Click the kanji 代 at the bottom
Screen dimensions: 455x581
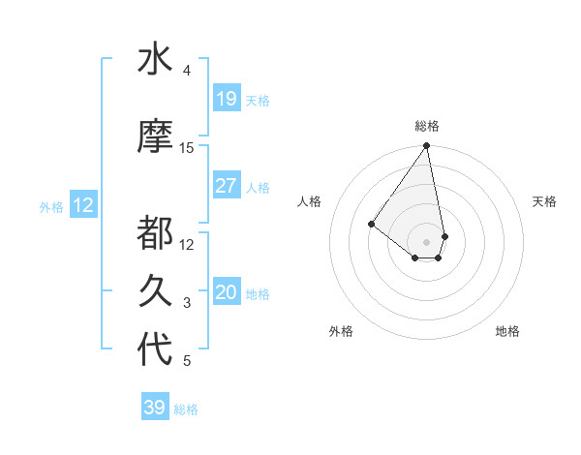(x=155, y=349)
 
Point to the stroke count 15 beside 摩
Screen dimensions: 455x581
(x=187, y=148)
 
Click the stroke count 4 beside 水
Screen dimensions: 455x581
(x=187, y=71)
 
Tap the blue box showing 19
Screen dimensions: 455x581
(x=226, y=99)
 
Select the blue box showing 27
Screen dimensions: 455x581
(x=226, y=186)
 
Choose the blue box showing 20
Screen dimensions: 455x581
(x=226, y=292)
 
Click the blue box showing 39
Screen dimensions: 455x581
(x=154, y=408)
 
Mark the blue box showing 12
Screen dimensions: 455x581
(x=83, y=205)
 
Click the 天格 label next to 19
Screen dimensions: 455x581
(x=257, y=100)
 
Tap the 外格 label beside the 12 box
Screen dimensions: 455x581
(x=51, y=206)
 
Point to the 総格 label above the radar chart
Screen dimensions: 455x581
(x=427, y=126)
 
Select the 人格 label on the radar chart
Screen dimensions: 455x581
(x=310, y=201)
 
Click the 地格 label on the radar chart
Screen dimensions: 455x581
(x=507, y=331)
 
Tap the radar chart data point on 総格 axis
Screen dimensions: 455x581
(x=427, y=146)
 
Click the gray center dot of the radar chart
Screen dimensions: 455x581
(x=427, y=241)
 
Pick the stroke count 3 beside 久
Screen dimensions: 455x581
(x=187, y=303)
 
